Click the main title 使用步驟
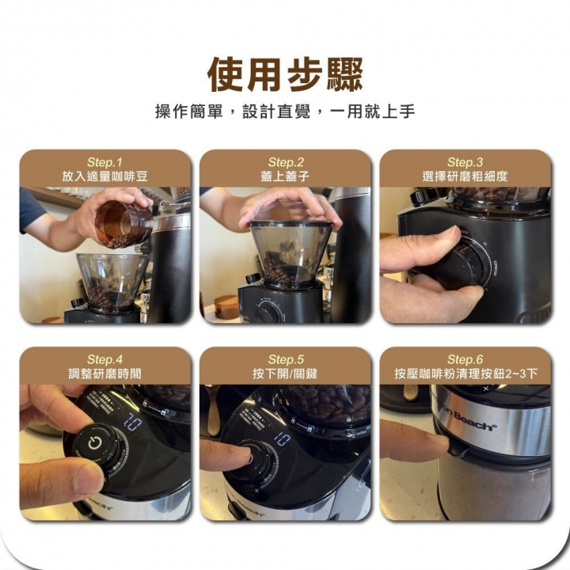coord(285,75)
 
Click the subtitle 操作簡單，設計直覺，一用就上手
coord(285,112)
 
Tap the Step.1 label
coord(105,161)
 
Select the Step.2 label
coord(285,161)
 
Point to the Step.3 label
coord(465,161)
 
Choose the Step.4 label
coord(105,359)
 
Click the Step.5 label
coord(285,359)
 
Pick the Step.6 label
coord(465,359)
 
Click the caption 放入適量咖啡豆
coord(105,176)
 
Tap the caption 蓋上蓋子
coord(285,176)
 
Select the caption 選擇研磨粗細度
coord(465,176)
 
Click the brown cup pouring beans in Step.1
coord(122,223)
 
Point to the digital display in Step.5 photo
coord(282,438)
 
